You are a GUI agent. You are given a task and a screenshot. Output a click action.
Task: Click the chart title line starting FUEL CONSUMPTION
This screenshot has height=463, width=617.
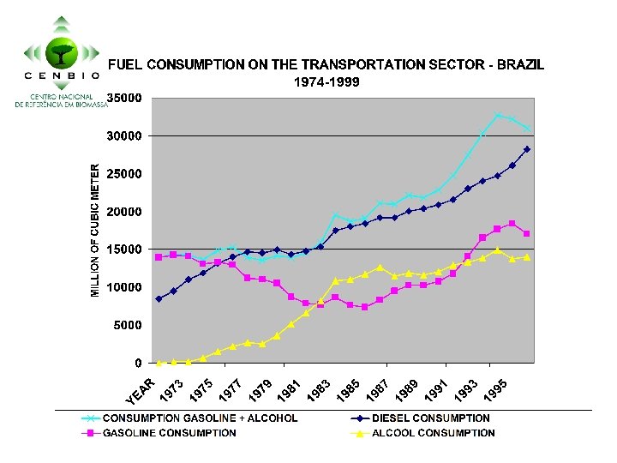[326, 64]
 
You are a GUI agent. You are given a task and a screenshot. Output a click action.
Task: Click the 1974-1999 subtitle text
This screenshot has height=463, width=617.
[326, 82]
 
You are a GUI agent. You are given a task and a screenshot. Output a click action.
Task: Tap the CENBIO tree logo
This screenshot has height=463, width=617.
[61, 48]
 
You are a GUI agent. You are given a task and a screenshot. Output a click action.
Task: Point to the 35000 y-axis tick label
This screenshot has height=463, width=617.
[125, 99]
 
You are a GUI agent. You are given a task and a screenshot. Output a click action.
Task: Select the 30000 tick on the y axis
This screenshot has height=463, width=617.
[125, 136]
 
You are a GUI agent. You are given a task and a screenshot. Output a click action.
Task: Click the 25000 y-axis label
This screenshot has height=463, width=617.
[125, 174]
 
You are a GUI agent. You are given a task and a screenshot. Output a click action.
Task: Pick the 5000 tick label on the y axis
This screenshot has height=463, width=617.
[129, 326]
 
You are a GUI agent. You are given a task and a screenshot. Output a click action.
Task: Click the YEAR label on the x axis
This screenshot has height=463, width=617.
[140, 393]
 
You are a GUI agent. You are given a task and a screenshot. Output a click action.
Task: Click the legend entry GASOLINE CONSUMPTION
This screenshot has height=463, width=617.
[169, 433]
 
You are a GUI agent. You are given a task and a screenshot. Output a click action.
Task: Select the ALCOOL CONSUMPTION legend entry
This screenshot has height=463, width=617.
[433, 433]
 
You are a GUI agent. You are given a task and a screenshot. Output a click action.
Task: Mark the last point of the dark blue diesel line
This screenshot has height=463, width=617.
[527, 149]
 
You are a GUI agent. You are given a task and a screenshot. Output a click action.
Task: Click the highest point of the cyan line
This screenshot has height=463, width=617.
[498, 114]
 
